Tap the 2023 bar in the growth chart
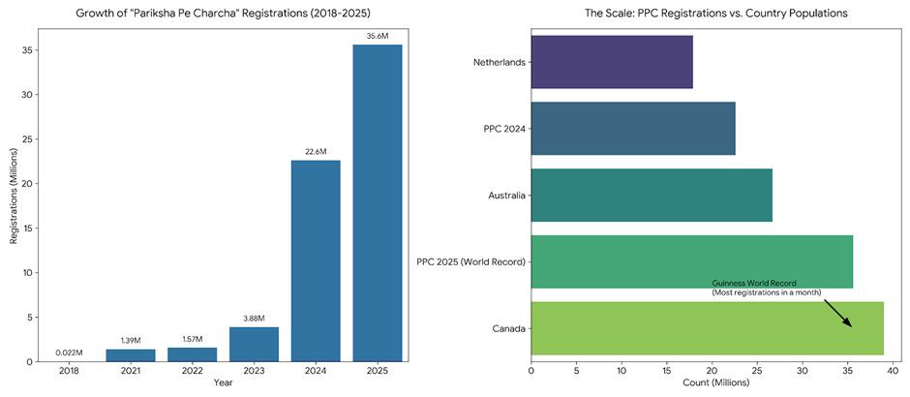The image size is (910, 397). (x=254, y=344)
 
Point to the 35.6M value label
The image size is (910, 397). (x=378, y=37)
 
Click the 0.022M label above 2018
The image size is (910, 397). (x=69, y=352)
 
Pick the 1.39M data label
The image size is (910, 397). (x=131, y=341)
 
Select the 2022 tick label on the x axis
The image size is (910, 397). (x=193, y=371)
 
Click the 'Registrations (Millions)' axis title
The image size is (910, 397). (x=15, y=194)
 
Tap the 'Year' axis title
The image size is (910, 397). (x=224, y=383)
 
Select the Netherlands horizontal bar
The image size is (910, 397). (x=612, y=62)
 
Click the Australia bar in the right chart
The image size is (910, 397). (x=652, y=195)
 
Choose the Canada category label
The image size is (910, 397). (x=509, y=328)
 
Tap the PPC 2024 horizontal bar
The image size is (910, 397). (x=633, y=129)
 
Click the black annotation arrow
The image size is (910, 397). (x=837, y=313)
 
